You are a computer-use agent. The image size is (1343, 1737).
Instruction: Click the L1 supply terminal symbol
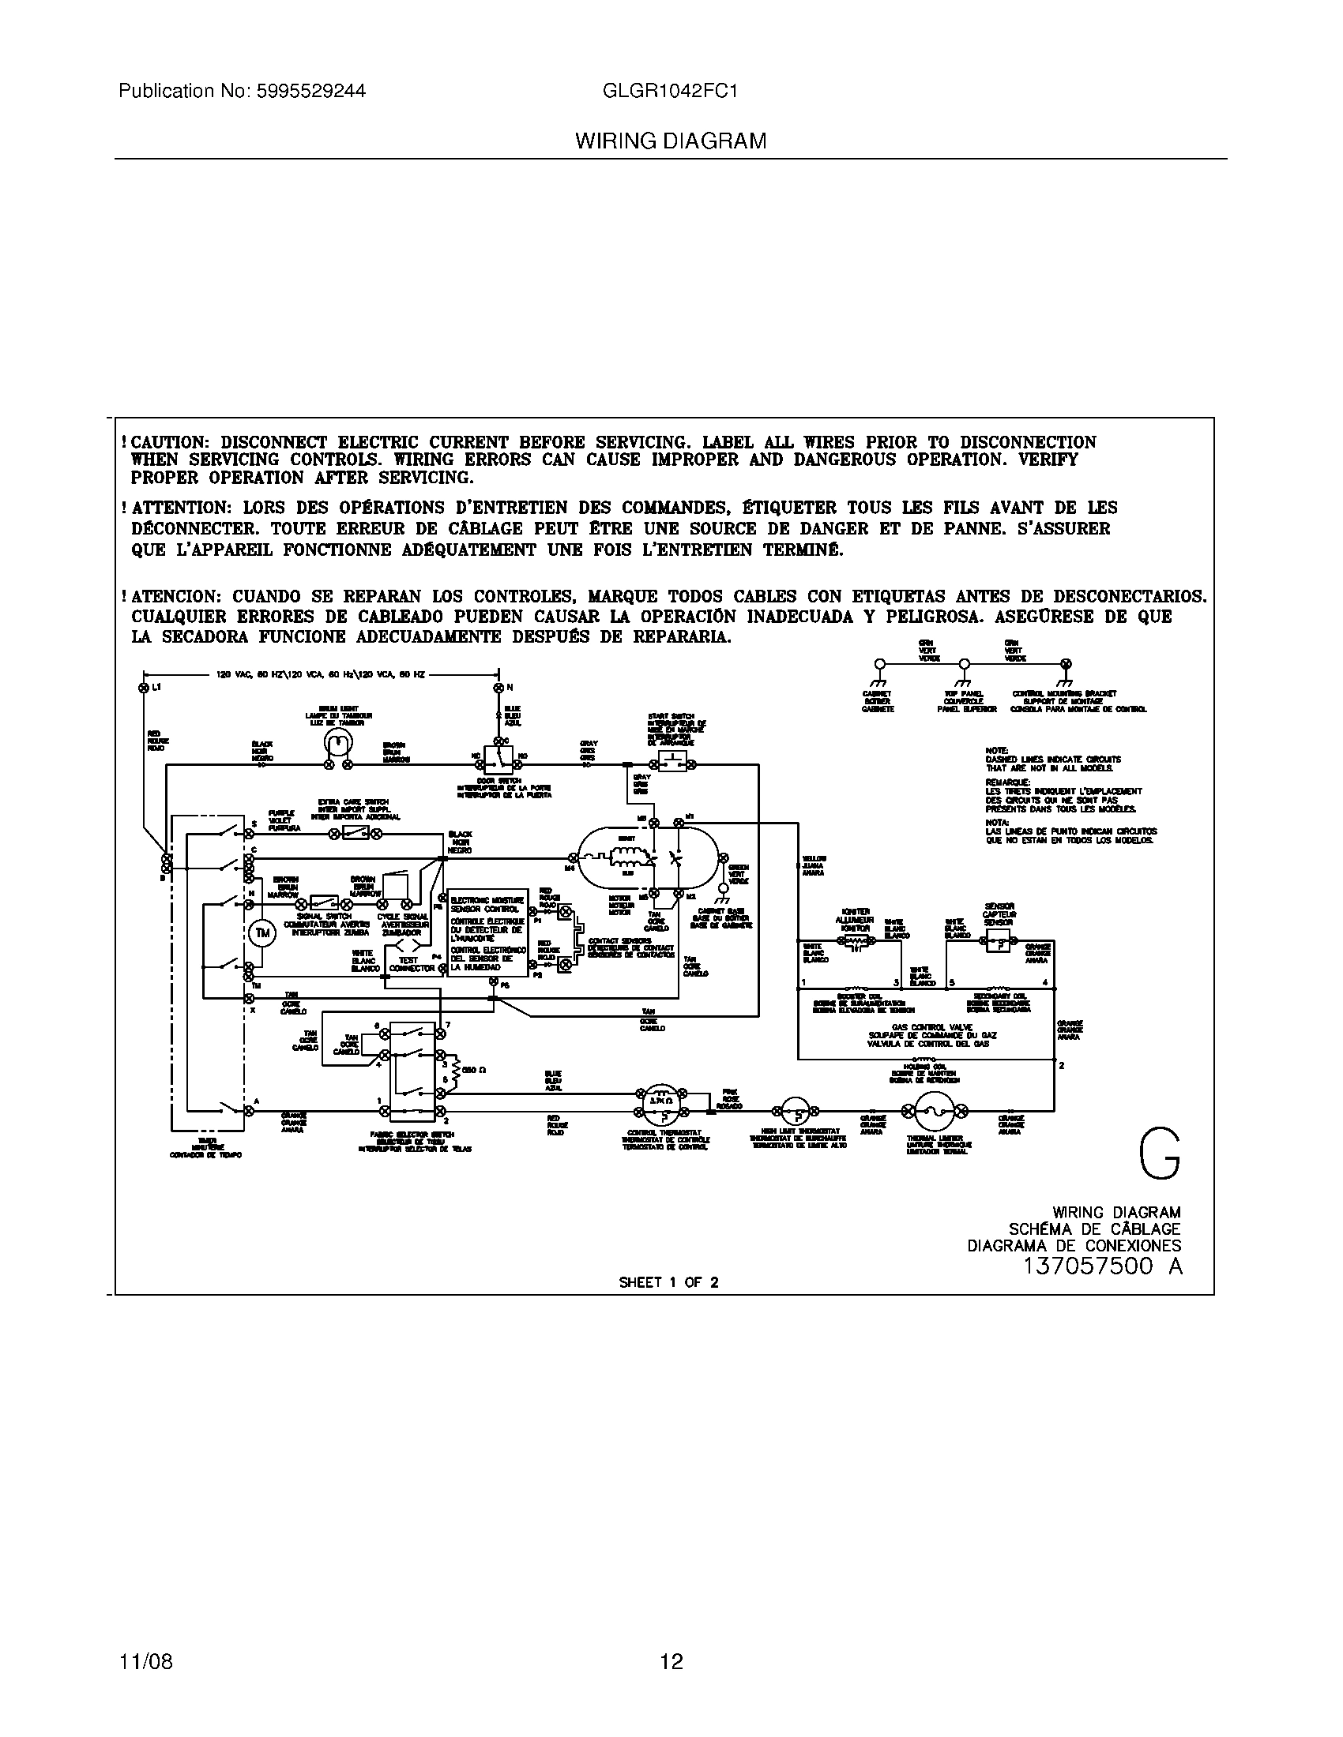pos(145,686)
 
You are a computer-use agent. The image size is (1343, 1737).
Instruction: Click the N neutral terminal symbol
pos(498,686)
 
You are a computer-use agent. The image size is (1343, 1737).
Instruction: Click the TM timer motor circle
pos(263,933)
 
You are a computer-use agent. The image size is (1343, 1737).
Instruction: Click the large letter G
pos(1159,1156)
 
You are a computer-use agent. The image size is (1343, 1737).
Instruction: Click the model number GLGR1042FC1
pos(670,92)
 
